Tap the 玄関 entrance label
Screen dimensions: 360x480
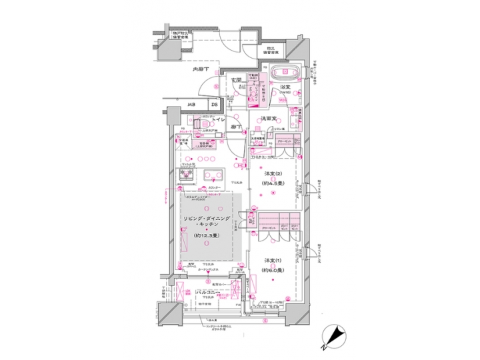pos(235,81)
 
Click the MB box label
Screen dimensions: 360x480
pos(191,105)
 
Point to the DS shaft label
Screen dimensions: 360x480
pos(215,105)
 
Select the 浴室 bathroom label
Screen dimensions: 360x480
pos(286,87)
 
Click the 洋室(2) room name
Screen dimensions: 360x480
pos(270,175)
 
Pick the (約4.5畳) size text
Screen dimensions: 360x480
pos(270,185)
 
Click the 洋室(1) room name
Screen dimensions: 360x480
pos(270,261)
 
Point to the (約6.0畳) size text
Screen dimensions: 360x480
pos(270,270)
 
